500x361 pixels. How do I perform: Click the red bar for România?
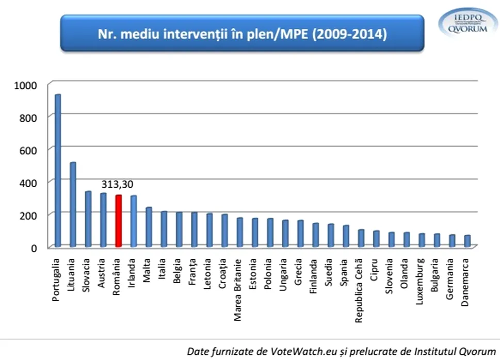118,221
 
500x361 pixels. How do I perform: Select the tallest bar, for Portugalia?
58,170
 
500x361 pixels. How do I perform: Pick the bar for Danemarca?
467,241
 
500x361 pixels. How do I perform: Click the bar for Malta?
149,227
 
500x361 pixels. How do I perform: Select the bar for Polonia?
269,233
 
